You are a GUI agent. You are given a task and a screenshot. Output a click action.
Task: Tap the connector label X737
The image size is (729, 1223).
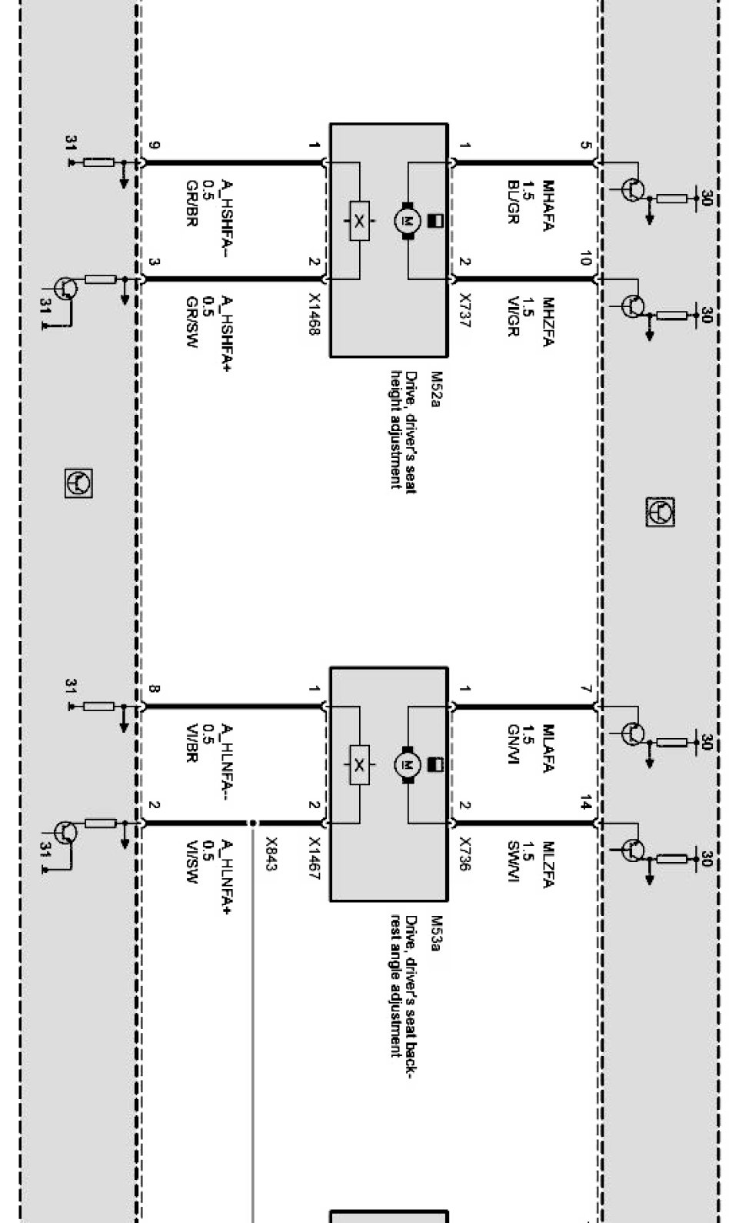coord(464,312)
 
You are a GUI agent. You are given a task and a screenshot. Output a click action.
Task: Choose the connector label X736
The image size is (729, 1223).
coord(464,854)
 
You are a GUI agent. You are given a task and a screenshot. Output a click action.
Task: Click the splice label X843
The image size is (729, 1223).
coord(271,854)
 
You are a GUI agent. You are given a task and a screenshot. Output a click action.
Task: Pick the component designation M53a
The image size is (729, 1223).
coord(434,934)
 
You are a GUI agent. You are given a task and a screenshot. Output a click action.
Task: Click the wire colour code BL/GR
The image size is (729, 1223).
coord(513,202)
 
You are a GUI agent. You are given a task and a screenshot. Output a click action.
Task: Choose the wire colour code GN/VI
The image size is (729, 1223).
coord(513,745)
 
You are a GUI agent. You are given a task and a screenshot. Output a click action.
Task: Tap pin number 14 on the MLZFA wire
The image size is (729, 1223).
coord(585,805)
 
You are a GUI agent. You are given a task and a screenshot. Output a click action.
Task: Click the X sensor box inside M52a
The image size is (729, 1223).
coord(359,221)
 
